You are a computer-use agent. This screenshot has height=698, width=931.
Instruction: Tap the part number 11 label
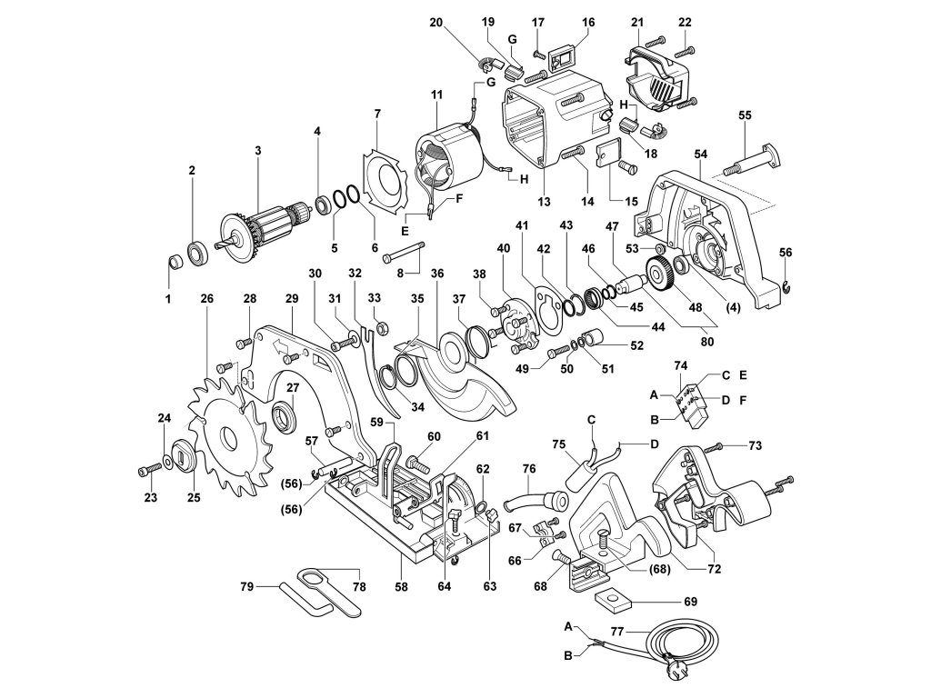click(x=437, y=95)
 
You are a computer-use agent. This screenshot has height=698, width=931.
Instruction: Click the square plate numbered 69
click(x=613, y=602)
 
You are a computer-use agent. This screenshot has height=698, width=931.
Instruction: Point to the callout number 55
click(x=745, y=115)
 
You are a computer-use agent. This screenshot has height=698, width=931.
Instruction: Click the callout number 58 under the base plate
click(x=401, y=586)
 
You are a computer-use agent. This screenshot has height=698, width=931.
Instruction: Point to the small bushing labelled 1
click(x=175, y=261)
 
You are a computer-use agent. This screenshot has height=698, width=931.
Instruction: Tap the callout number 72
click(x=715, y=569)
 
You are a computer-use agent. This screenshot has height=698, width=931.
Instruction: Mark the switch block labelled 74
click(x=692, y=404)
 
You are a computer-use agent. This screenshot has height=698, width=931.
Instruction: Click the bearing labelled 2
click(x=196, y=251)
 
